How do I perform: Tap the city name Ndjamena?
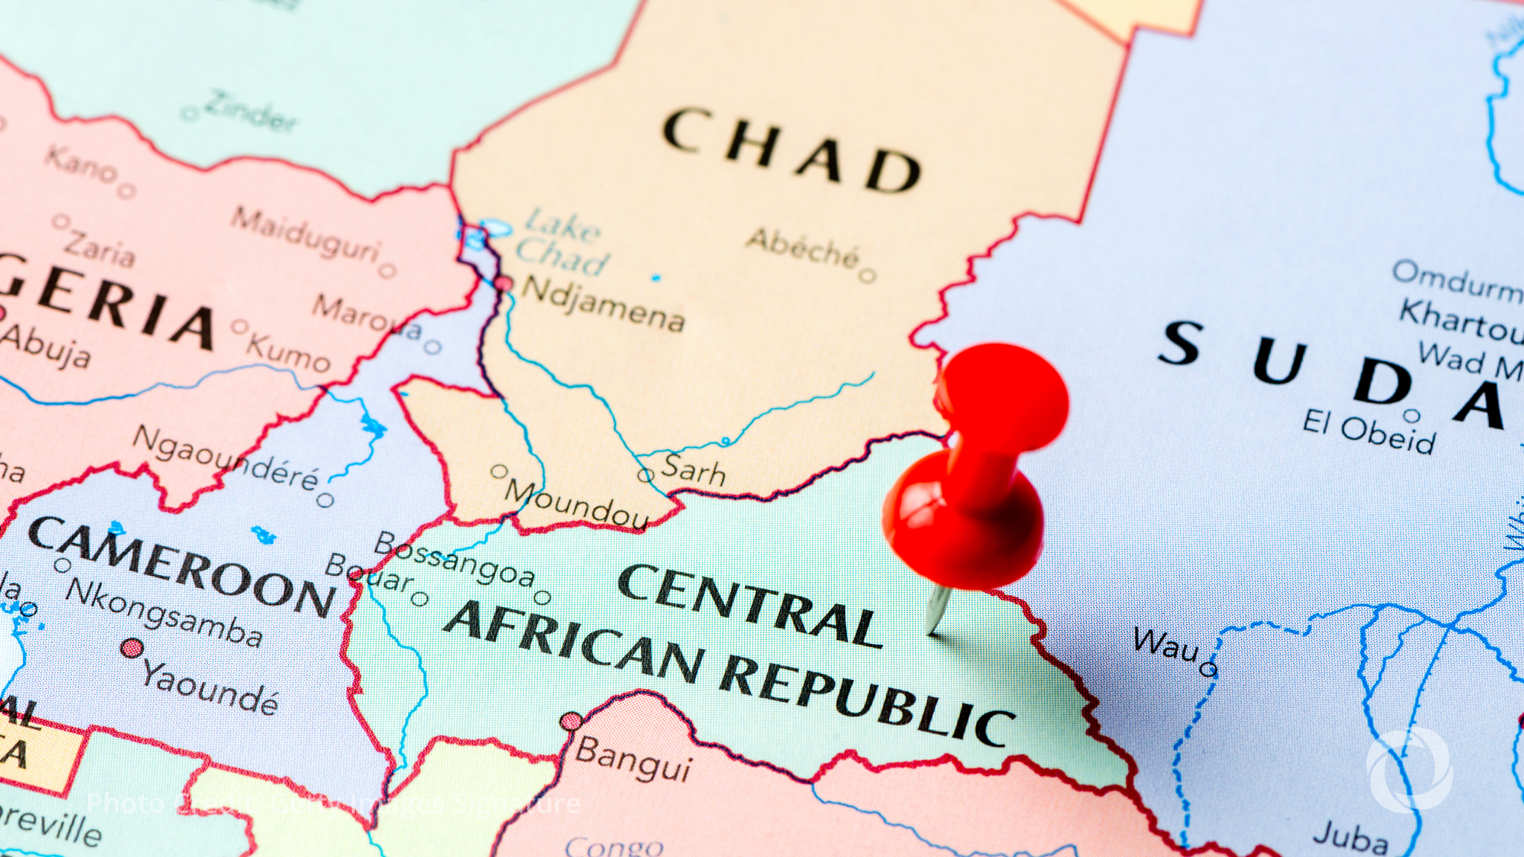click(601, 304)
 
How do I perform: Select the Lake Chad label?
click(562, 241)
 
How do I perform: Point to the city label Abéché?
click(804, 247)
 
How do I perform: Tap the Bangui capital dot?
click(571, 721)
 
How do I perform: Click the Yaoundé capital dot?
click(132, 648)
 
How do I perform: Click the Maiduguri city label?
click(306, 234)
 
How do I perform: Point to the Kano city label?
click(80, 164)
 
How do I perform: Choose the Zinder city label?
click(250, 109)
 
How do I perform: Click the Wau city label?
click(1165, 644)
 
